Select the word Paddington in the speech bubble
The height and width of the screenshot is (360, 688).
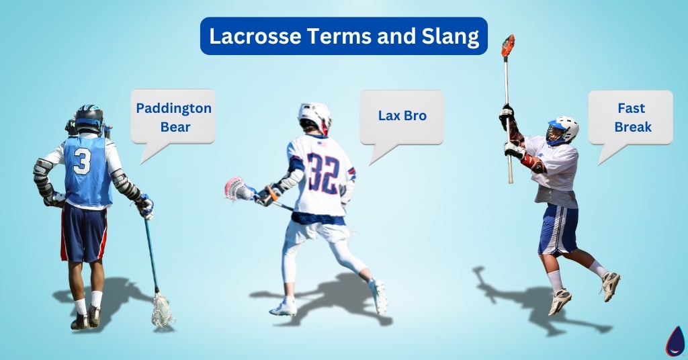pyautogui.click(x=173, y=108)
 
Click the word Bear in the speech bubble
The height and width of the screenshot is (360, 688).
pyautogui.click(x=173, y=126)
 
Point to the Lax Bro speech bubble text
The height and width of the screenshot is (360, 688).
pyautogui.click(x=402, y=116)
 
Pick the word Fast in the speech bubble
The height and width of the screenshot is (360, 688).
pyautogui.click(x=631, y=108)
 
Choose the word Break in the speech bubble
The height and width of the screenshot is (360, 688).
pyautogui.click(x=631, y=126)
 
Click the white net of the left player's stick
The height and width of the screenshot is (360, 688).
pyautogui.click(x=161, y=311)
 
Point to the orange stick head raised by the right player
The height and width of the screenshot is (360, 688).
pyautogui.click(x=508, y=46)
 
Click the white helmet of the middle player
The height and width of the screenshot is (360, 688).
pyautogui.click(x=315, y=116)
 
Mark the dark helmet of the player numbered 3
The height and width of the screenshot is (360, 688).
pyautogui.click(x=89, y=118)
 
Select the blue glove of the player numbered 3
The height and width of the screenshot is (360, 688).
pyautogui.click(x=145, y=206)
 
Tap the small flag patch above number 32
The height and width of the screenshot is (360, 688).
pyautogui.click(x=321, y=143)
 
